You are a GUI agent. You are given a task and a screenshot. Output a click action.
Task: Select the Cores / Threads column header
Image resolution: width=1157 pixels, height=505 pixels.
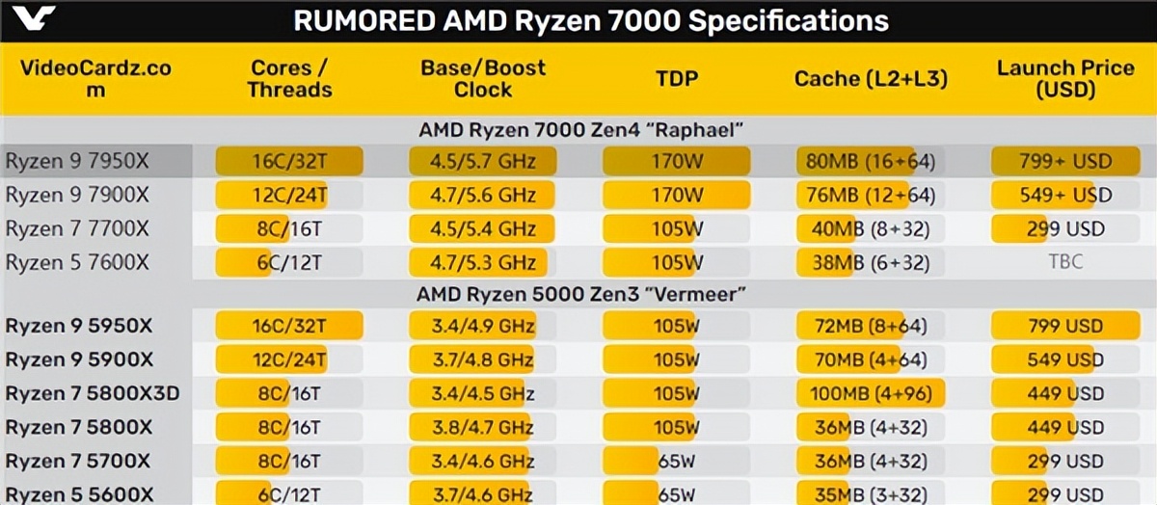coord(289,79)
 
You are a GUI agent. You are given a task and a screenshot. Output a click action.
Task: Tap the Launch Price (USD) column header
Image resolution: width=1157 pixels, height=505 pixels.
coord(1065,79)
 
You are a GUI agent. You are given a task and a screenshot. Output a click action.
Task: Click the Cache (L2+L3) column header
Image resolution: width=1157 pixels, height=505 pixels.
coord(871,79)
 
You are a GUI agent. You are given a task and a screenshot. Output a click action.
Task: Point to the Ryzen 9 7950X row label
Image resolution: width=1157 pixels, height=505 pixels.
coord(77,162)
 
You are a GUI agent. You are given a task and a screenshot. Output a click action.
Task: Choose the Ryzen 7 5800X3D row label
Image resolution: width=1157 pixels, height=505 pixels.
coord(93,393)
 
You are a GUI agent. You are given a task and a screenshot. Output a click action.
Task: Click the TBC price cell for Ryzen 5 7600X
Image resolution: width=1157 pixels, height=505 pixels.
coord(1064,262)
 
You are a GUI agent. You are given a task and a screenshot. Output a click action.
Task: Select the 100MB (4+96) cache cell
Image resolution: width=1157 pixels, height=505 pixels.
coord(871,393)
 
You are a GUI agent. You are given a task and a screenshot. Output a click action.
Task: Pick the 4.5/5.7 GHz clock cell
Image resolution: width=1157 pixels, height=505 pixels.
coord(483,162)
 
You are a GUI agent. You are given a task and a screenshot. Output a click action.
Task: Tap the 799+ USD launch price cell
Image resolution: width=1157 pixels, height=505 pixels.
coord(1064,162)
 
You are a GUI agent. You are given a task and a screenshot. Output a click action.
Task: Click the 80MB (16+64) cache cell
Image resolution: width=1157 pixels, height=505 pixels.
coord(871,162)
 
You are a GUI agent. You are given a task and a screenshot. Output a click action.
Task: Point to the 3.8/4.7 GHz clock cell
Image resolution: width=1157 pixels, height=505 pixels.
coord(483,427)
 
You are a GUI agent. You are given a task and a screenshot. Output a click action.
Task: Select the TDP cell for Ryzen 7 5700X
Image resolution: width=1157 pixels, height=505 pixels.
coord(677,461)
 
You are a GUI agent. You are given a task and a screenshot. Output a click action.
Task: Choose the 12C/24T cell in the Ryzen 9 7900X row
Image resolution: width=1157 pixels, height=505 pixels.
coord(289,196)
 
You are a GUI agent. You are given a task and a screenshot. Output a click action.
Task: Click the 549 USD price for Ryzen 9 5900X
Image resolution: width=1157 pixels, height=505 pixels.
coord(1064,360)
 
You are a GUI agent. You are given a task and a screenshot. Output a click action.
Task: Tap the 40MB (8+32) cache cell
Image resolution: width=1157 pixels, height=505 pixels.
coord(871,229)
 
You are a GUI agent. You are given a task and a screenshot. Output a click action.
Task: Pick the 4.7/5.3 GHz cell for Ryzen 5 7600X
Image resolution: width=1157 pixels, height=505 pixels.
coord(483,262)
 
